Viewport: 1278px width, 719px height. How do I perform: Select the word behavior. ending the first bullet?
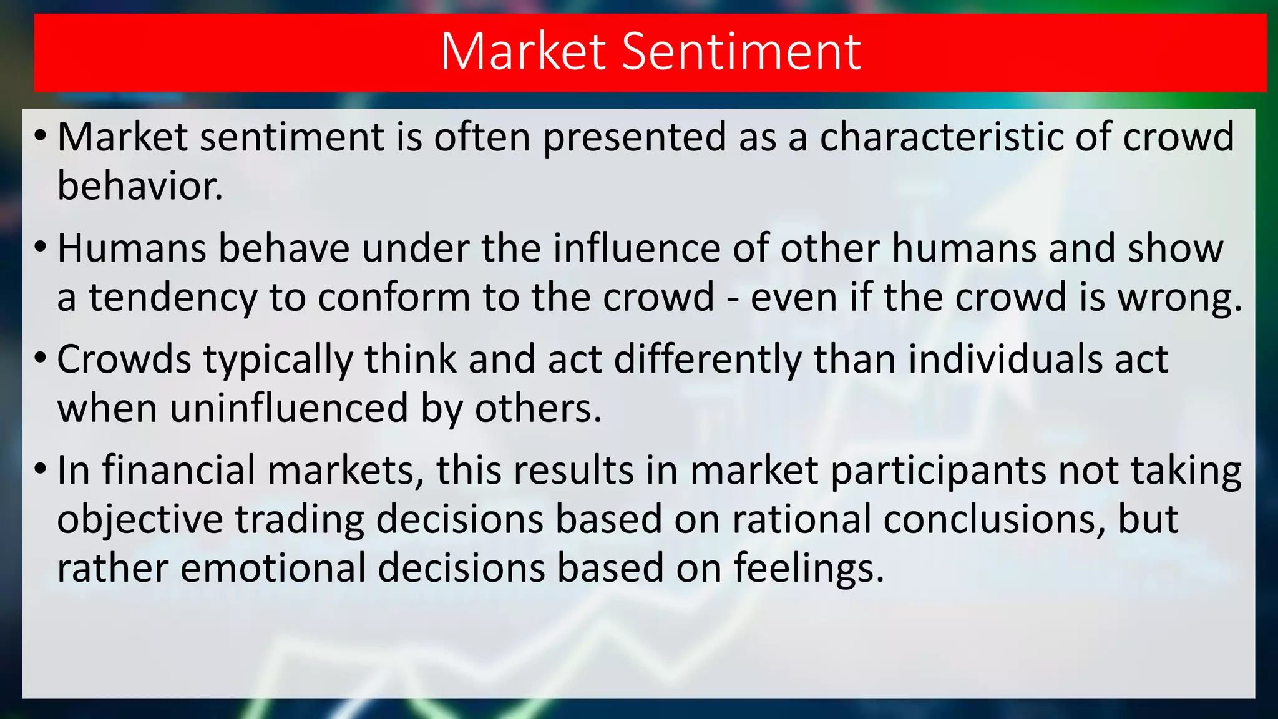pyautogui.click(x=140, y=186)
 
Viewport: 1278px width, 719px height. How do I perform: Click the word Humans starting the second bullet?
pyautogui.click(x=132, y=248)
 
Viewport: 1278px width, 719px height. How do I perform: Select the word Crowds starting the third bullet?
pyautogui.click(x=124, y=359)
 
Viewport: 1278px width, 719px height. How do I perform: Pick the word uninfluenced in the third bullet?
pyautogui.click(x=289, y=409)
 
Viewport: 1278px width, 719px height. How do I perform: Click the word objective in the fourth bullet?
pyautogui.click(x=140, y=520)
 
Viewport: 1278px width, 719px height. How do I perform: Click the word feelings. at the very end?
pyautogui.click(x=808, y=568)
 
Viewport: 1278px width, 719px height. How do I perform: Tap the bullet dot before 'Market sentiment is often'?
pyautogui.click(x=41, y=135)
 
